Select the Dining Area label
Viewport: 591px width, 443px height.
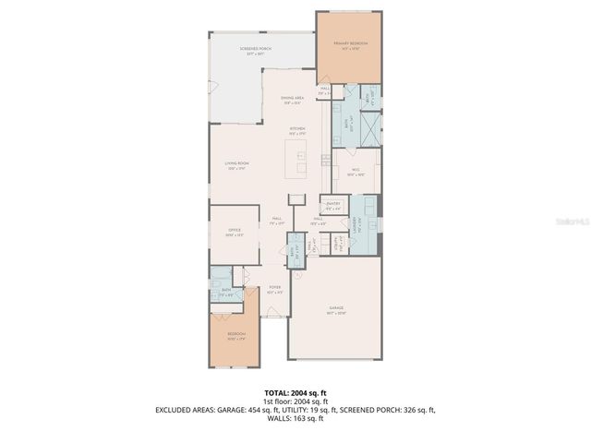coord(293,100)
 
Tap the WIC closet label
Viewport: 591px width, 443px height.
coord(355,171)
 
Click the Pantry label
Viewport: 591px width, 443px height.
coord(333,204)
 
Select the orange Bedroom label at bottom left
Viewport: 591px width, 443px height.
coord(237,336)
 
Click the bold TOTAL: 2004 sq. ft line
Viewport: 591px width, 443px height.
coord(295,392)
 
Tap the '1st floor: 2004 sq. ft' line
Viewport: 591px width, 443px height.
coord(295,401)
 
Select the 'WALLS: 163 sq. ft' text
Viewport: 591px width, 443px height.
coord(295,418)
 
